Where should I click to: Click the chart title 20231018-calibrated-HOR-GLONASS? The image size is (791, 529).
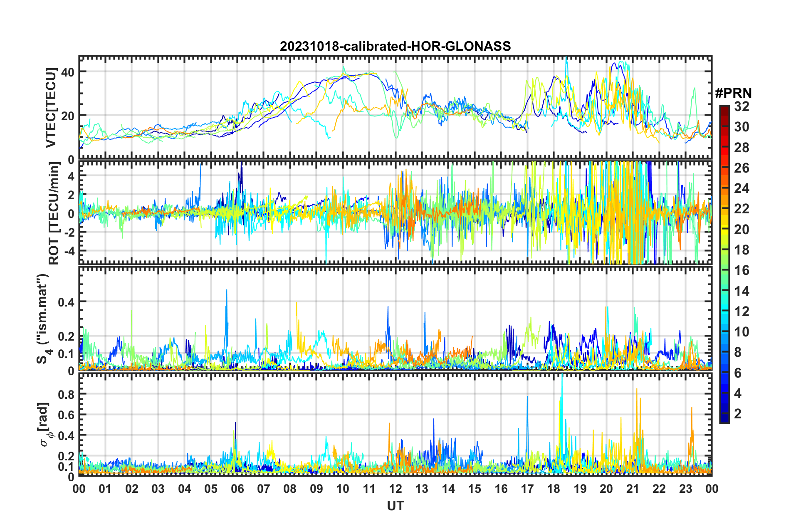(x=395, y=46)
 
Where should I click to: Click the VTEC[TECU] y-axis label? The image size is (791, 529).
(x=51, y=108)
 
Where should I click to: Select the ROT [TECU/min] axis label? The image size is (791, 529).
(x=54, y=213)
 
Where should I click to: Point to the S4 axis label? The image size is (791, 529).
(x=43, y=319)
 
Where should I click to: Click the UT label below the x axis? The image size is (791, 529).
(x=395, y=506)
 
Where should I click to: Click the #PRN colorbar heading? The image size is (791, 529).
(x=733, y=94)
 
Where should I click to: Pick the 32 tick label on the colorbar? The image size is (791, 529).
(x=742, y=106)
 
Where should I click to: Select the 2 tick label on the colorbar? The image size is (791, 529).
(x=738, y=414)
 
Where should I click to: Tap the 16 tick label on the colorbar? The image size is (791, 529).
(x=742, y=270)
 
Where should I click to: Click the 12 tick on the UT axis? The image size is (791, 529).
(x=395, y=489)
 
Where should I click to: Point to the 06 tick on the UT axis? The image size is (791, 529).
(x=237, y=489)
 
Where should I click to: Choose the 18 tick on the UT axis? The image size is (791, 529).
(x=554, y=489)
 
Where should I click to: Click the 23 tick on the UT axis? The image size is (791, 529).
(x=685, y=489)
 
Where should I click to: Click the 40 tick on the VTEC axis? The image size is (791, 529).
(x=68, y=72)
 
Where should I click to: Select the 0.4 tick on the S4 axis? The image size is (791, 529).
(x=66, y=302)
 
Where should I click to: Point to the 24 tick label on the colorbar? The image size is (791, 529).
(x=742, y=188)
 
